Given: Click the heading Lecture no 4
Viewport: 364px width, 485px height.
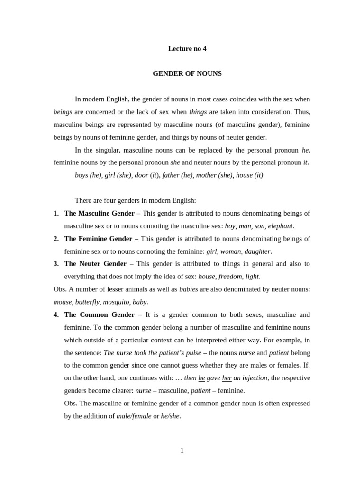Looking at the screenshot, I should click(x=187, y=48).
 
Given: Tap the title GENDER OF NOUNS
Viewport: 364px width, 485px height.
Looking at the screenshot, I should click(x=187, y=74).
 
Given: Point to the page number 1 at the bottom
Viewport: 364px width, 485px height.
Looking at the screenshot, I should click(x=182, y=450).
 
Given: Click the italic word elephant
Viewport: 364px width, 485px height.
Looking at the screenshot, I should click(x=281, y=226).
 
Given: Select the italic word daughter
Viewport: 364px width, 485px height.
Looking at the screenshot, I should click(x=257, y=251).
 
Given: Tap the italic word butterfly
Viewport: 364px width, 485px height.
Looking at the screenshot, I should click(x=88, y=302).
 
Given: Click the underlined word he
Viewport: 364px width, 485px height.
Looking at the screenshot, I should click(x=201, y=378).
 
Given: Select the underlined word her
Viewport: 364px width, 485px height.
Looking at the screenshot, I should click(x=227, y=378).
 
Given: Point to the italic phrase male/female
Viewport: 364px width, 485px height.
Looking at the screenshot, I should click(x=134, y=416).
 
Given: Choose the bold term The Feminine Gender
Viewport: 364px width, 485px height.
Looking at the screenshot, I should click(x=98, y=239).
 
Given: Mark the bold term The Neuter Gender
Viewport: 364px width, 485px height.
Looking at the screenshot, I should click(x=95, y=264).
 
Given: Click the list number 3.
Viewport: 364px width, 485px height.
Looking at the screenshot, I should click(x=56, y=264).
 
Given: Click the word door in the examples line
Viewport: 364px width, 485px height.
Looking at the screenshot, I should click(x=141, y=175).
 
